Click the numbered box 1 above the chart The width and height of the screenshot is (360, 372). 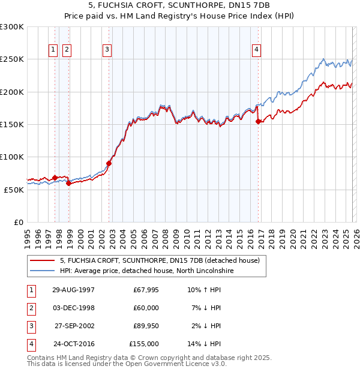(53, 50)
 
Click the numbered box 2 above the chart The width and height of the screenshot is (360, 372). (66, 50)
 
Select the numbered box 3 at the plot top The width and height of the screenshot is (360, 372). (107, 50)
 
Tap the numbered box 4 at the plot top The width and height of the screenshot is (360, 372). (256, 50)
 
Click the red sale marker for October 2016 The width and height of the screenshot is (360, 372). (258, 121)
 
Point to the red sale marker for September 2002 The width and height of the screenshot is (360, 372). (109, 163)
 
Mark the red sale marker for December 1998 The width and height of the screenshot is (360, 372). (68, 183)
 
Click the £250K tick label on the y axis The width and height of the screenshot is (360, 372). (12, 59)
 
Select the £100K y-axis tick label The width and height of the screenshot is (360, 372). (12, 157)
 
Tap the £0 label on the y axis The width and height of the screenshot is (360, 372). (18, 222)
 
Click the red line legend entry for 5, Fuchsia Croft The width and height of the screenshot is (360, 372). (159, 261)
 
